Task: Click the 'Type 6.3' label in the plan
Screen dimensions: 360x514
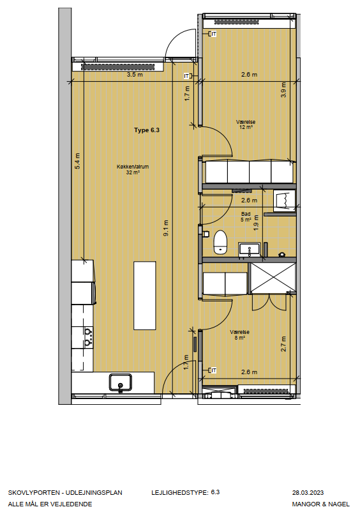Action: tap(146, 130)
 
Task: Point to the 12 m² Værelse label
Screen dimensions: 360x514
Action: tap(246, 125)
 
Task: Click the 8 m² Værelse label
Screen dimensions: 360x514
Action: tap(239, 335)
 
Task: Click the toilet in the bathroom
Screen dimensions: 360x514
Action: tap(220, 242)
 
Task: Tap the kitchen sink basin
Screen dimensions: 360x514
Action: tap(121, 382)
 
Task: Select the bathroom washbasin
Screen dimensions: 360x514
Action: tap(250, 249)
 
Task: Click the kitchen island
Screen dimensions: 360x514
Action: tap(144, 295)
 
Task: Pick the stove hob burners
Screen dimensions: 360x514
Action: tap(88, 337)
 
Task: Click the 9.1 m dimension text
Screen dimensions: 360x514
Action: tap(166, 228)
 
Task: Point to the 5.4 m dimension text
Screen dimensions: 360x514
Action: tap(77, 161)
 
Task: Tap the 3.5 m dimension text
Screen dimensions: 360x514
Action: tap(135, 75)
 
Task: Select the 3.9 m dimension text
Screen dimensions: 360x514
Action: tap(283, 89)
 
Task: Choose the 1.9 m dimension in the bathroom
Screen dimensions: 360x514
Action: tap(256, 223)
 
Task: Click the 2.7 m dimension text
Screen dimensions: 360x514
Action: tap(283, 344)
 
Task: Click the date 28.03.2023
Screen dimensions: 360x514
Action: tap(308, 493)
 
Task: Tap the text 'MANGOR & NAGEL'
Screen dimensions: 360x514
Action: tap(321, 504)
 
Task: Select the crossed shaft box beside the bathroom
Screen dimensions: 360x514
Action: tap(273, 278)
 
